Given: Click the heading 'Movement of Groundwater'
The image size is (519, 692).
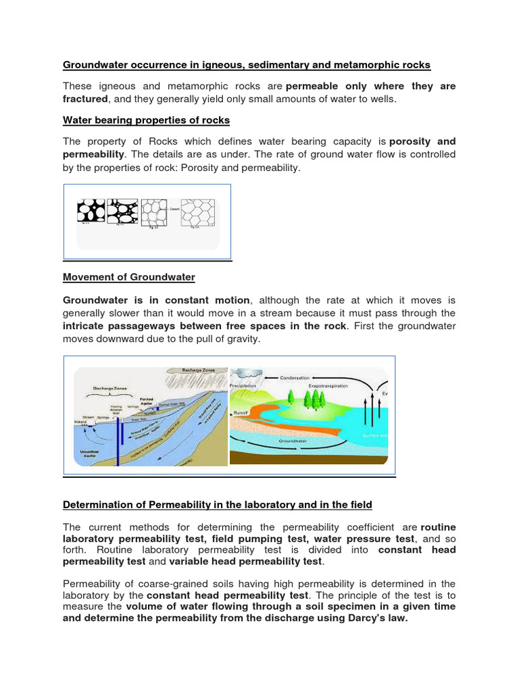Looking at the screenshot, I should (129, 277).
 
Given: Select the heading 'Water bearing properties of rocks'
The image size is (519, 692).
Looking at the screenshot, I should (146, 120).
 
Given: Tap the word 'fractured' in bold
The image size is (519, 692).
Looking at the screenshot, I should (85, 99).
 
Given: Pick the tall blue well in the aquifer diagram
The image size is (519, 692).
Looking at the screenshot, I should (118, 439).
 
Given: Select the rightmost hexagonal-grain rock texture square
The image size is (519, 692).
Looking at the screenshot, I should (198, 212).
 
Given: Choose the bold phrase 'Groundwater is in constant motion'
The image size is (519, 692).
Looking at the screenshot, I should (157, 300).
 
